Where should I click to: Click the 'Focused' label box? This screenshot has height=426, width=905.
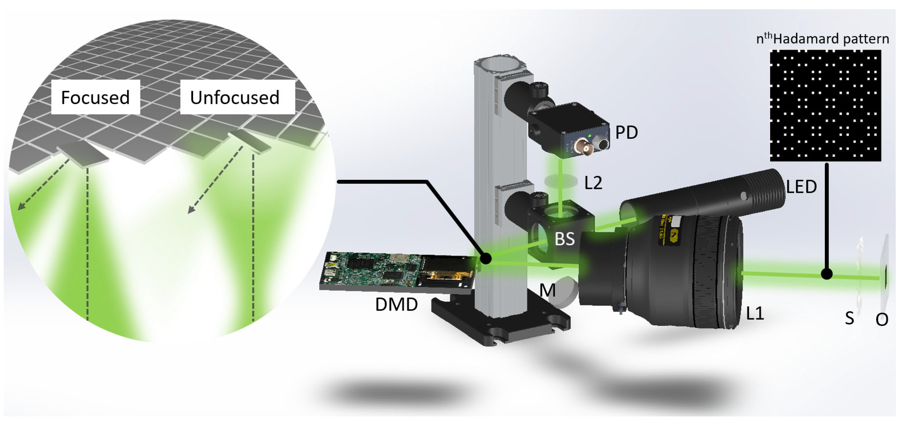(96, 97)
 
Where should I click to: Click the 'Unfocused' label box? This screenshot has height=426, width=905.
(237, 97)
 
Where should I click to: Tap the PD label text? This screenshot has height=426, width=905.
(626, 133)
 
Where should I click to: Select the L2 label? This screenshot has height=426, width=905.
(593, 183)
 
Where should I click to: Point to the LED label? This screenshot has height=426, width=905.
(801, 187)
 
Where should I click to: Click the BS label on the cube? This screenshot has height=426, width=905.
(565, 239)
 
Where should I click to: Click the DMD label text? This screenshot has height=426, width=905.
(396, 304)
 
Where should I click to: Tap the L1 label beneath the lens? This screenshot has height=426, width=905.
(755, 313)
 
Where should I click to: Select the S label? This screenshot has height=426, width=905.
(849, 319)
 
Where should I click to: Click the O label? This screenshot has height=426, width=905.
(882, 320)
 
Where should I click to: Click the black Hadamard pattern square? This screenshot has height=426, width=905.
(825, 105)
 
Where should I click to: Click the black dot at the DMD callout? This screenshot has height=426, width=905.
(486, 259)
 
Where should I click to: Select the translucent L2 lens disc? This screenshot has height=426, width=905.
(561, 181)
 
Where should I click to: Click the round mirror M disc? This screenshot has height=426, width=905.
(566, 292)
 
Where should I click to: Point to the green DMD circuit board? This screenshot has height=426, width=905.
(372, 270)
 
